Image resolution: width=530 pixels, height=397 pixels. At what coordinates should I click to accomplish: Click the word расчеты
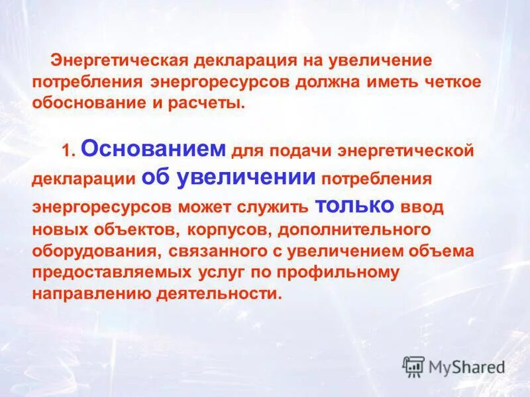coord(210,104)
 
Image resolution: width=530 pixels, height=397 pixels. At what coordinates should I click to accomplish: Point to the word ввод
coord(422,206)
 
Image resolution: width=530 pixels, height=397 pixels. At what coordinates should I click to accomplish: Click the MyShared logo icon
coord(413,367)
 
